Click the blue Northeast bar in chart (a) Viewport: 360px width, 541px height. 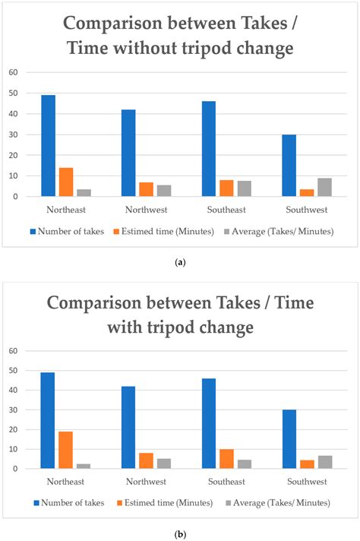[x=49, y=146]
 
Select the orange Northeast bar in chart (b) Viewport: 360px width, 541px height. [x=65, y=450]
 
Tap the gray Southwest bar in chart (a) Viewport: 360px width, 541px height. [x=324, y=188]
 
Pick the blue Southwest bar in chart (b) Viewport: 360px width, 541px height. [x=289, y=439]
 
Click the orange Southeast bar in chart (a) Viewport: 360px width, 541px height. [x=226, y=188]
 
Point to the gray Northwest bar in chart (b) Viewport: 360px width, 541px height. [x=164, y=463]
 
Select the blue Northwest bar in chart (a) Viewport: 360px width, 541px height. [x=128, y=153]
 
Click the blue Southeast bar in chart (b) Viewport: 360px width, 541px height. [x=209, y=423]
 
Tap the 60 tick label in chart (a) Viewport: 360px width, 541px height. [x=13, y=72]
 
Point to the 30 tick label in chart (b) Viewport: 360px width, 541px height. [x=13, y=410]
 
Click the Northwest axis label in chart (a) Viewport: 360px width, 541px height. [x=147, y=210]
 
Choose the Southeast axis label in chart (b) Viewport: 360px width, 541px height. [x=226, y=481]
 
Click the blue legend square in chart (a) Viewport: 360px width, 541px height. [x=33, y=232]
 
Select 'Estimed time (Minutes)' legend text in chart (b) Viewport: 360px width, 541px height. [x=169, y=503]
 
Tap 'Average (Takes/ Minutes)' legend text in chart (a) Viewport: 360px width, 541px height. [x=283, y=231]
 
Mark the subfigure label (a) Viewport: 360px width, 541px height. [x=180, y=263]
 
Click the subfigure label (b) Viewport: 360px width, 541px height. [x=180, y=535]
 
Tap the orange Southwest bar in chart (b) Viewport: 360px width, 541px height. [x=307, y=464]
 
